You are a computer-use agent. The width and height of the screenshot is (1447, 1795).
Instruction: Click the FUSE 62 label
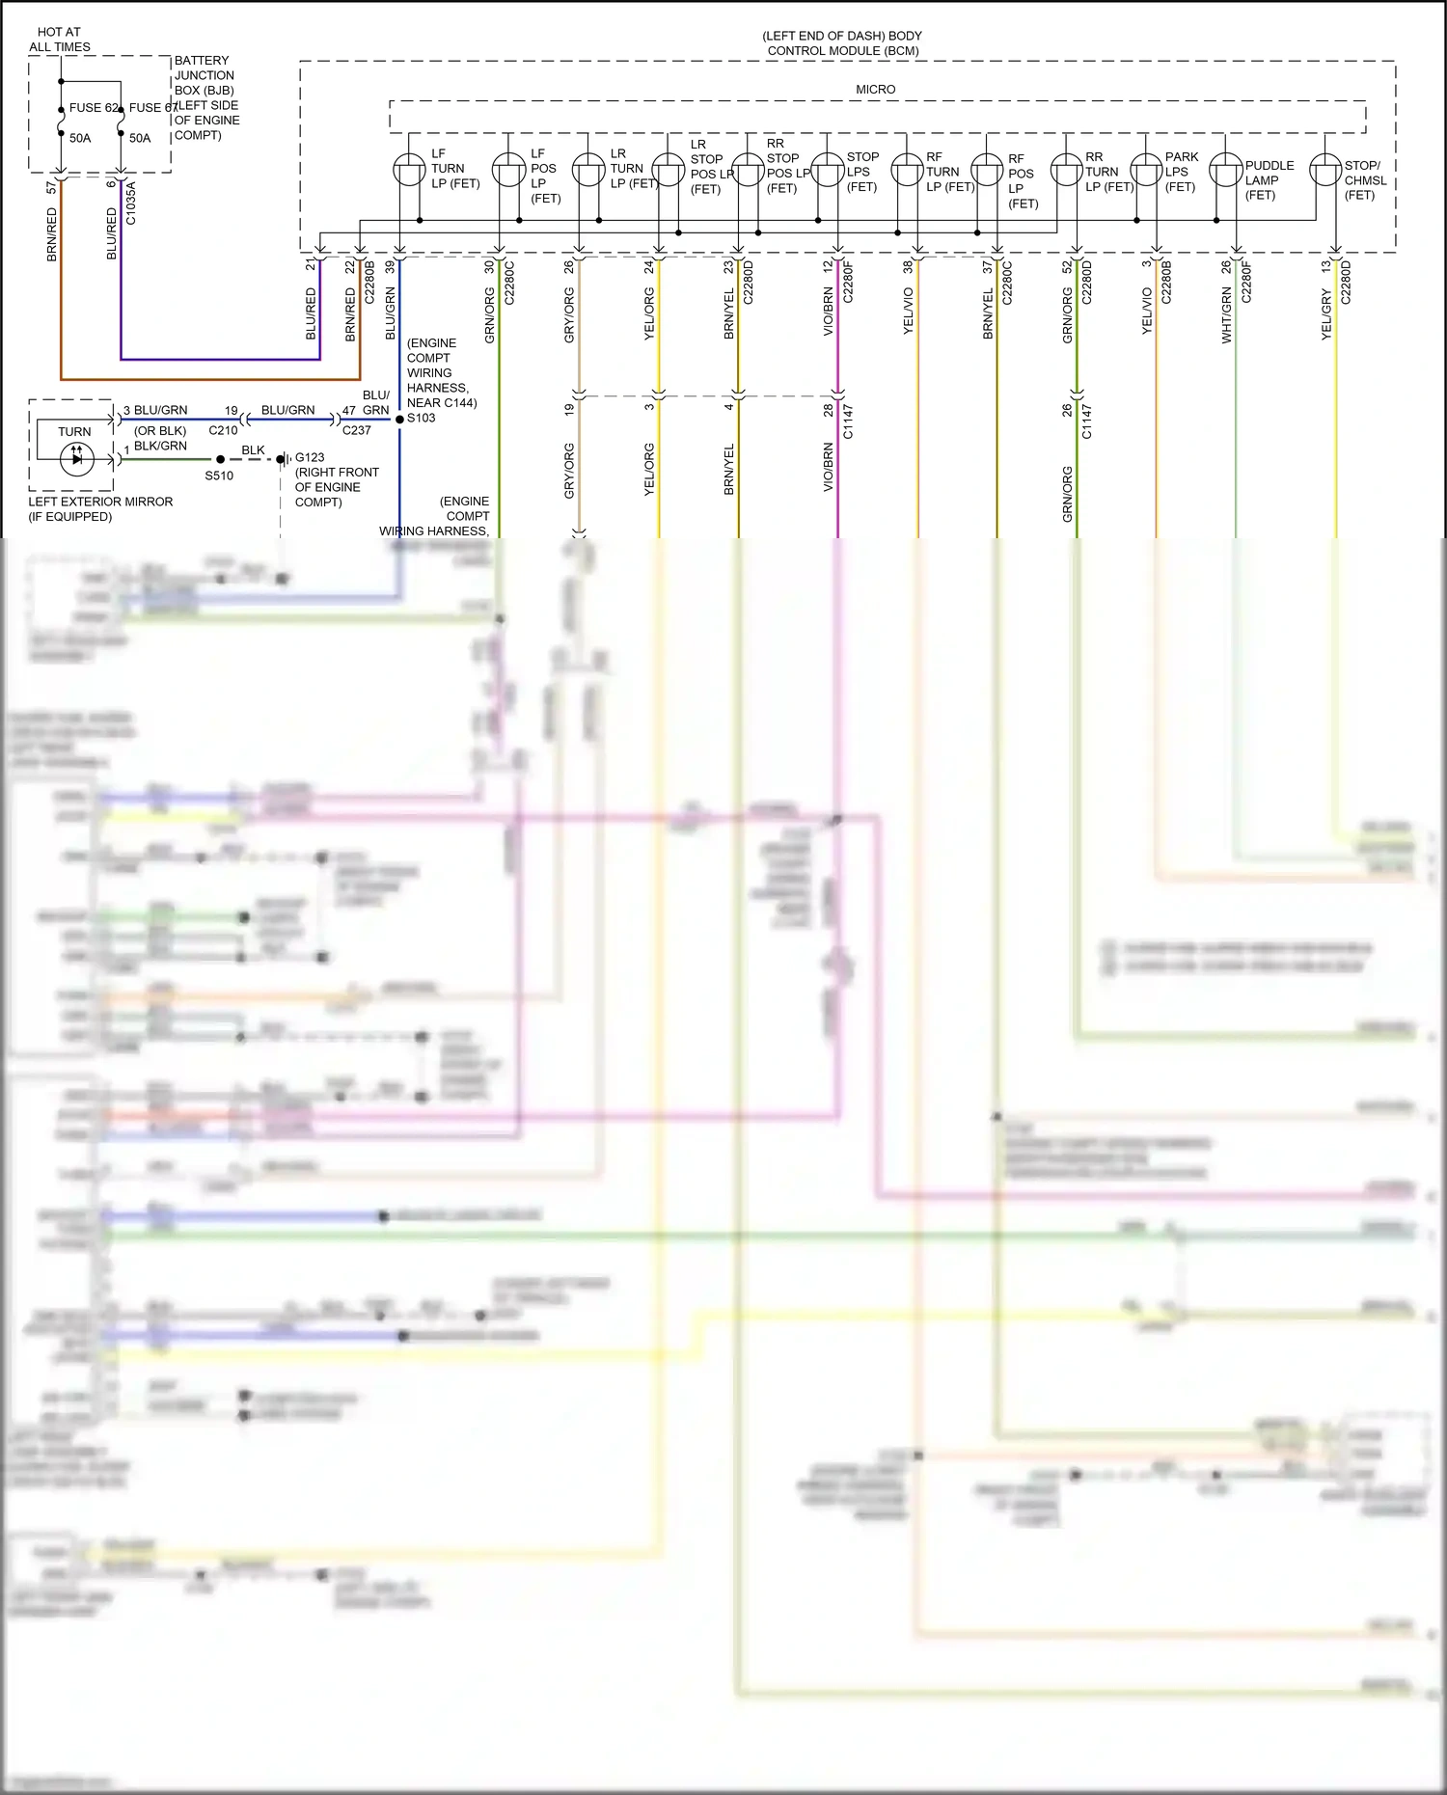(x=93, y=108)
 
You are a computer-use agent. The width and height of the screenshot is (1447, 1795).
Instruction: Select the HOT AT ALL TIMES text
(x=60, y=40)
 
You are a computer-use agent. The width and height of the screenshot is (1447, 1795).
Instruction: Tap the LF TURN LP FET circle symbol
(x=409, y=171)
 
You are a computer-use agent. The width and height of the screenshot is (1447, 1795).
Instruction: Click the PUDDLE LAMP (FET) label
(x=1269, y=180)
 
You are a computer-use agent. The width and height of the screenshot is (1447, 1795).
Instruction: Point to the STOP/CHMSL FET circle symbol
(x=1325, y=171)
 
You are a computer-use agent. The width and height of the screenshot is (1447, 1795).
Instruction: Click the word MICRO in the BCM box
(x=875, y=90)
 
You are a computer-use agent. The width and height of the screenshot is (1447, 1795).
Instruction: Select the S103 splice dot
(x=399, y=419)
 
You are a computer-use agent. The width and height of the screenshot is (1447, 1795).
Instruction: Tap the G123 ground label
(x=310, y=458)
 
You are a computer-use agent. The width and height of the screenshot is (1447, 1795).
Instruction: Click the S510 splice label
(x=219, y=476)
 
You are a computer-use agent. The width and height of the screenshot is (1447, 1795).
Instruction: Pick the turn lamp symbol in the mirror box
(x=76, y=458)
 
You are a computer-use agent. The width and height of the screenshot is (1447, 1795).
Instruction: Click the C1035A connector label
(x=131, y=204)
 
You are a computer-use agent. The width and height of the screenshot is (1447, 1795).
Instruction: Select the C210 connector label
(x=223, y=430)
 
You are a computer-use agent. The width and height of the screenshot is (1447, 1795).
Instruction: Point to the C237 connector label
(x=356, y=430)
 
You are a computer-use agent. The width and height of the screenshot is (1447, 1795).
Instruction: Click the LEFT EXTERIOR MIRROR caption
(x=100, y=502)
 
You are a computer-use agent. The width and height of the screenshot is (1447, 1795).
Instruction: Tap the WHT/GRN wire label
(x=1227, y=314)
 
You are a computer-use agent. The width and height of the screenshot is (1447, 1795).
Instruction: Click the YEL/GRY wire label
(x=1326, y=314)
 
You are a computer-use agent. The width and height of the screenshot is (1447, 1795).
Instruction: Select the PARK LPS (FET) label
(x=1181, y=172)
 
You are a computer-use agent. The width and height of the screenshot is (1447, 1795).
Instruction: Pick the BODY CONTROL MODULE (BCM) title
(x=842, y=43)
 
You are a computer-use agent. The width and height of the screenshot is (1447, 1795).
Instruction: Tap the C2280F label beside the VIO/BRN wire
(x=849, y=282)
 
